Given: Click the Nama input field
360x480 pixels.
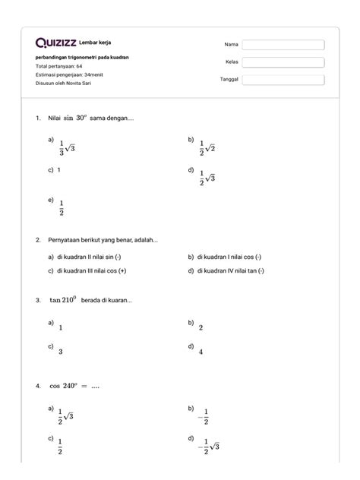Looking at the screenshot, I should [283, 45].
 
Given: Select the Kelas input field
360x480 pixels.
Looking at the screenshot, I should [283, 62].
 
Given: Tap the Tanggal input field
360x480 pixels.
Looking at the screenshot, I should [283, 80].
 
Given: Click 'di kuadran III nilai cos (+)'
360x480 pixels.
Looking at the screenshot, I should [90, 271].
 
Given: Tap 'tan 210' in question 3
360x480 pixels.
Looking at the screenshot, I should [65, 299].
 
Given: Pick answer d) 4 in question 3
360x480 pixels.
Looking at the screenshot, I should [201, 352].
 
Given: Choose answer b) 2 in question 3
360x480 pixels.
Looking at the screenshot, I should [201, 327].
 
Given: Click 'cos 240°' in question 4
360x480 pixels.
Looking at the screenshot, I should [65, 386].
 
